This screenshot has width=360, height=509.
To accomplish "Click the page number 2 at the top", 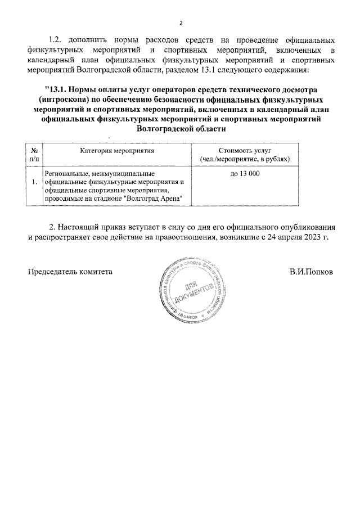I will (181, 23).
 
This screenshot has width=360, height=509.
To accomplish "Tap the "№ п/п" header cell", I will (34, 156).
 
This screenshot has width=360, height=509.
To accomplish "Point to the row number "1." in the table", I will (35, 182).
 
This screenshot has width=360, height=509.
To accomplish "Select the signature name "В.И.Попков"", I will (312, 272).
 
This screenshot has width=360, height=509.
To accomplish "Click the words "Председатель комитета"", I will (70, 272).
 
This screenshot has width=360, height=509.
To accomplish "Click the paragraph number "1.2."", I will (57, 40).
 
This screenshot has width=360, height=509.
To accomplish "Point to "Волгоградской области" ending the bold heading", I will (180, 129).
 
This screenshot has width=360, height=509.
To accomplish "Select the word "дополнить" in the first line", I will (88, 40).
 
